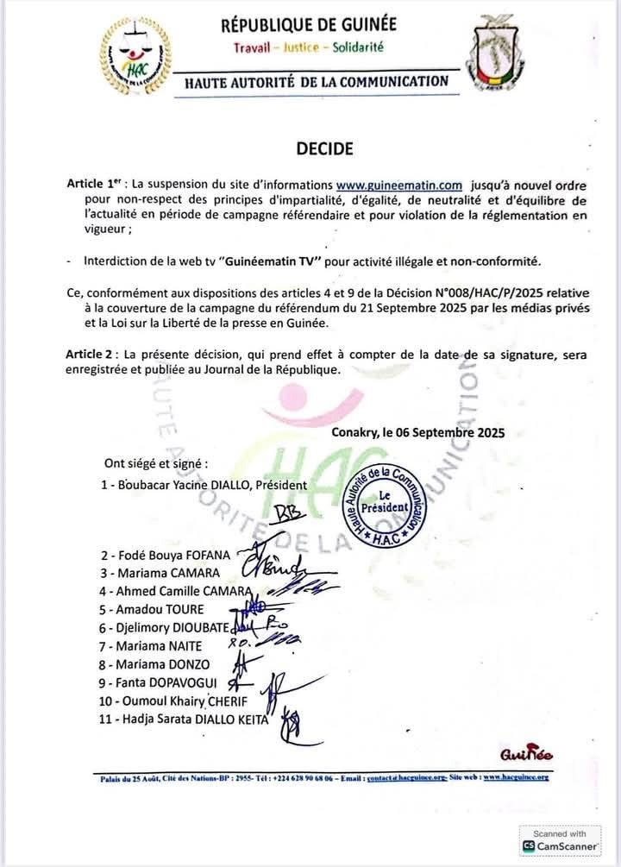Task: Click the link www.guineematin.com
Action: pos(398,185)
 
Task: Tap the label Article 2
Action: pos(91,355)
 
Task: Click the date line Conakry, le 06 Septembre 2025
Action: pos(417,432)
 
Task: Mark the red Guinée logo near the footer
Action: pos(526,755)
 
